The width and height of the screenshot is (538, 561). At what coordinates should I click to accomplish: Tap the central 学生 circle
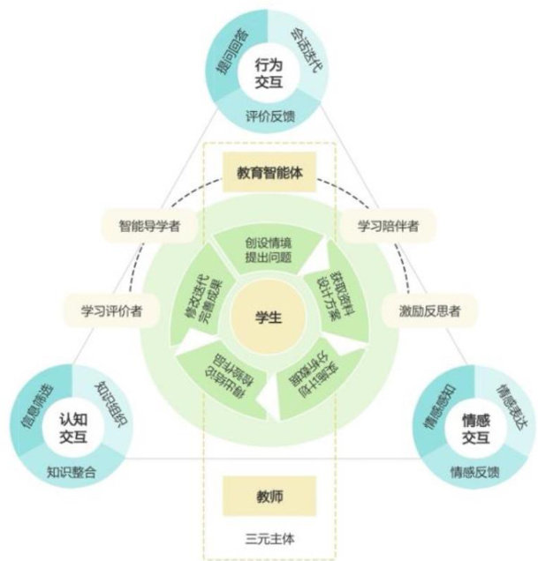point(268,318)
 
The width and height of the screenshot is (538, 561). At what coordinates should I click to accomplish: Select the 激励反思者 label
point(430,310)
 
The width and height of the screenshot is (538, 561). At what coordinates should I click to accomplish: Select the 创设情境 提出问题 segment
point(269,248)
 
